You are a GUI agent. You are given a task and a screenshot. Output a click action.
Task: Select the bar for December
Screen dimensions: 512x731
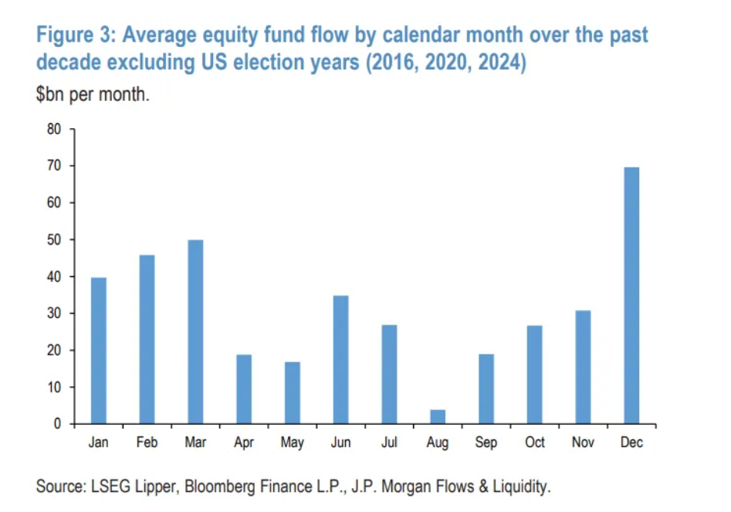[631, 295]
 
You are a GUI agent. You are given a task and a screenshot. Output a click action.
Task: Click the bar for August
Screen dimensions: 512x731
[437, 416]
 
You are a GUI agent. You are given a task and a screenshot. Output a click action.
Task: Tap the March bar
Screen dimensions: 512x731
[195, 332]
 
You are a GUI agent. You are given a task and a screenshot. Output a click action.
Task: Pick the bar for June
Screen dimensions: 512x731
[340, 359]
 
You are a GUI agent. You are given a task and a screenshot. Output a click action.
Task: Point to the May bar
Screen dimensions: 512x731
[292, 392]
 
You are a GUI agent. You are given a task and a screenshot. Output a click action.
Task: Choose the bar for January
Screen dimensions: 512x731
[99, 350]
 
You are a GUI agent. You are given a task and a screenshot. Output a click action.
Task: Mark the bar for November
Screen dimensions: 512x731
[583, 367]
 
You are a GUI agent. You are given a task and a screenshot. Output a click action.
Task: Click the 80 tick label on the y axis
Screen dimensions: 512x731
[53, 129]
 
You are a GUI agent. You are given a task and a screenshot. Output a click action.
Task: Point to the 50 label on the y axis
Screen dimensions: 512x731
[53, 240]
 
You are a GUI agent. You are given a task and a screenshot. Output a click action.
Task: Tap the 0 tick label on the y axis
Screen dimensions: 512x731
[57, 424]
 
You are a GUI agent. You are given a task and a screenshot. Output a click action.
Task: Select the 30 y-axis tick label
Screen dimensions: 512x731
[53, 314]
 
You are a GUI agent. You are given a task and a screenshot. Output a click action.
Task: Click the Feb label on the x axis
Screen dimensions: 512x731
[147, 443]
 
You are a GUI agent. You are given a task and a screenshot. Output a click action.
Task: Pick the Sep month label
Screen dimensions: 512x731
[486, 443]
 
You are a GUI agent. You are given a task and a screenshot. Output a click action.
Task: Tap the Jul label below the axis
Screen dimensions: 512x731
[389, 443]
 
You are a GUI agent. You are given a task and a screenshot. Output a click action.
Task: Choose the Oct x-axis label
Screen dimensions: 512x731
[534, 443]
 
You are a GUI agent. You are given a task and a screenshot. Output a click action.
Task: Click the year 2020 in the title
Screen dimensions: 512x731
[444, 62]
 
